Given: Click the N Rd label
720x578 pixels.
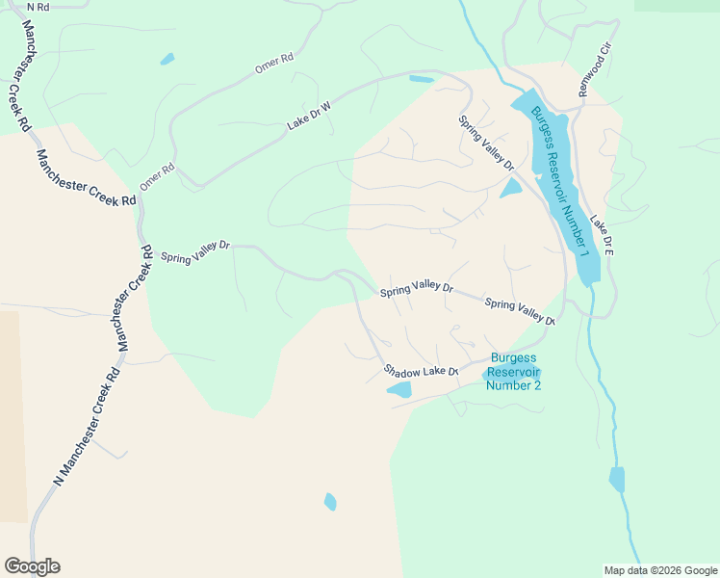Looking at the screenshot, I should click(x=38, y=7).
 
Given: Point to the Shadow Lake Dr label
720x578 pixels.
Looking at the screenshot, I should click(x=421, y=371).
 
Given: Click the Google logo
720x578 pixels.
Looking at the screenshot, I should click(x=32, y=566).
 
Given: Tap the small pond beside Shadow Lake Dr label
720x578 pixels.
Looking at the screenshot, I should click(x=399, y=389).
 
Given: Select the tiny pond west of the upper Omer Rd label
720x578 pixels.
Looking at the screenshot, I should click(x=167, y=59).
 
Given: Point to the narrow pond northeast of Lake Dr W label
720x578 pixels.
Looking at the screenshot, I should click(x=421, y=79).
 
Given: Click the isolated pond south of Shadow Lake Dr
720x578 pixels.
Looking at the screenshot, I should click(x=330, y=502).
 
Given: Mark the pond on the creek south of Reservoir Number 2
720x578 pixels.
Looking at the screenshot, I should click(x=616, y=479).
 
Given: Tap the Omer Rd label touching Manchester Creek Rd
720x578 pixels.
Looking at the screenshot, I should click(x=157, y=176).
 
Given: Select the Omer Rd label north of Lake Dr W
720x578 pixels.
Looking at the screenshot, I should click(x=273, y=65).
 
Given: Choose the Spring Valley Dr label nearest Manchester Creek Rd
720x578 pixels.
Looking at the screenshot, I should click(x=195, y=251).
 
